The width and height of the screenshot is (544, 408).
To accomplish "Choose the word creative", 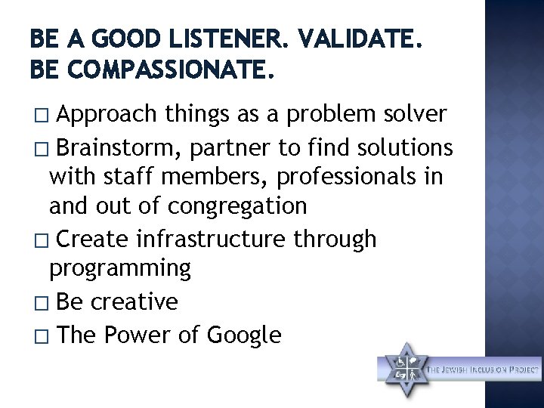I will click(137, 301).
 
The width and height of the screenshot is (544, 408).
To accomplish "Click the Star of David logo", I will click(404, 370).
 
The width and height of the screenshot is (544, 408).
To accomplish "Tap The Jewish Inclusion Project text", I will click(484, 369).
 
